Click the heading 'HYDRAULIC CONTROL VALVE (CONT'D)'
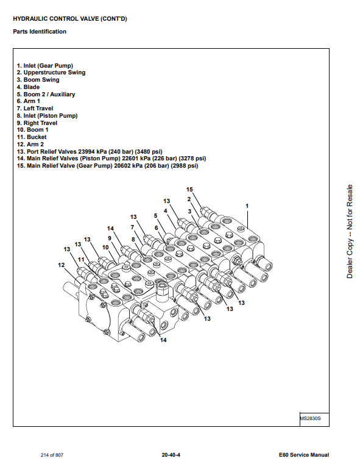point(70,19)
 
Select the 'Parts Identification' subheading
point(40,32)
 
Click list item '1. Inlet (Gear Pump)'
point(45,66)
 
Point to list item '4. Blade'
point(28,87)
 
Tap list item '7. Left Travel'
point(35,109)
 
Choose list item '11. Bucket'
point(32,137)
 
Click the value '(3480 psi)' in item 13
point(149,151)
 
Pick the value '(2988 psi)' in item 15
point(185,166)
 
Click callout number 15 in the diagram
point(189,190)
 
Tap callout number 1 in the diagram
point(247,205)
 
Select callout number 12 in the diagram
point(61,265)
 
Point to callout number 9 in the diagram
point(110,238)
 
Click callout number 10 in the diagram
point(105,248)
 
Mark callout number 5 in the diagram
point(155,216)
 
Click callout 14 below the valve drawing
point(163,340)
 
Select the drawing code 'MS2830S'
point(310,418)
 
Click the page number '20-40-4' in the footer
point(171,455)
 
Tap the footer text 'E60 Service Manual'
point(304,455)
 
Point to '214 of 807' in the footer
point(52,455)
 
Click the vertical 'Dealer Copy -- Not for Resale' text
point(350,232)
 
